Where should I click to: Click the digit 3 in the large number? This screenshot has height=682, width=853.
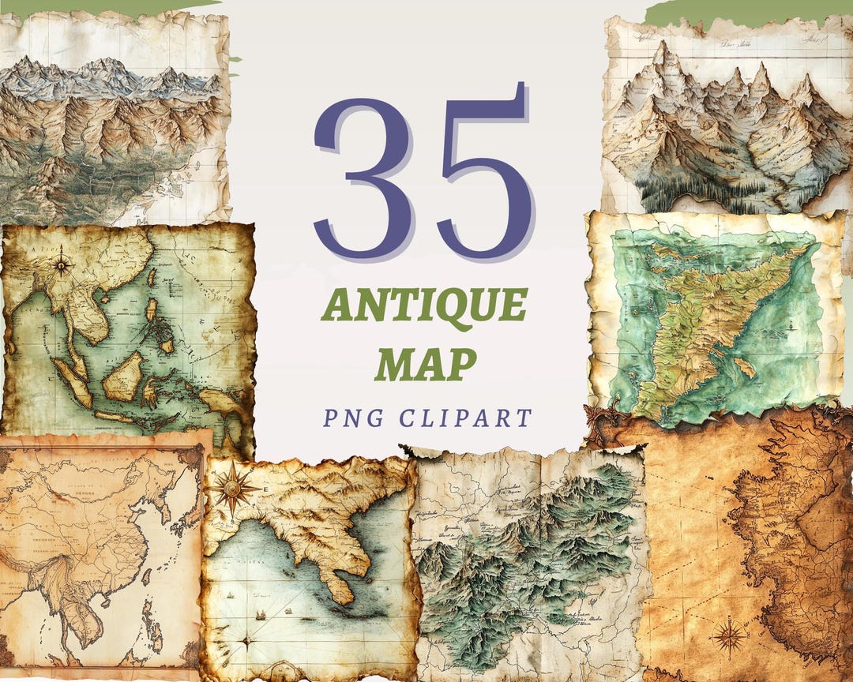[x=364, y=171]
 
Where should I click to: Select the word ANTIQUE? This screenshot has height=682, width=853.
[x=424, y=305]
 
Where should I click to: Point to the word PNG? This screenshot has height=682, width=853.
[x=351, y=418]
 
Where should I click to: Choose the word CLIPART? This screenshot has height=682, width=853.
[x=465, y=418]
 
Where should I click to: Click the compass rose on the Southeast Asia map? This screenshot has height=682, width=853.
[x=62, y=264]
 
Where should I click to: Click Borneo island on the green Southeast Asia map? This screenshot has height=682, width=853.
[x=124, y=377]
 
